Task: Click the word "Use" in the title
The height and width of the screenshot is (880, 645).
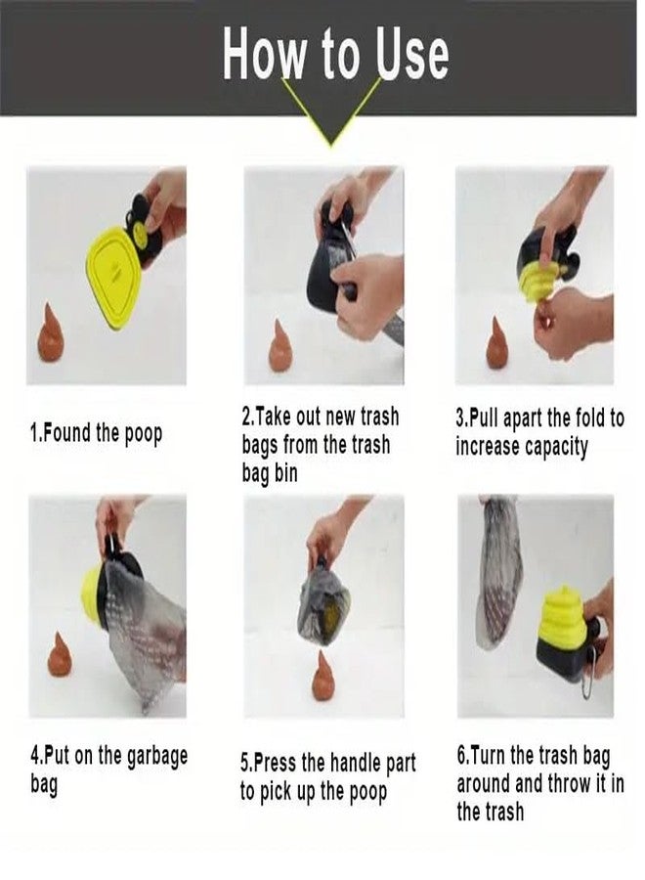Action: coord(412,54)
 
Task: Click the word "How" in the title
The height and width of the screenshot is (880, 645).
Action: coord(265,54)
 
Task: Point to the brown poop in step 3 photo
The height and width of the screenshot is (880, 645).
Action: coord(496,342)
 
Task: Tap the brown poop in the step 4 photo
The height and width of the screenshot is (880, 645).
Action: coord(59,654)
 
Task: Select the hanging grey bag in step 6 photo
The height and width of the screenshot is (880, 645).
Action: coord(498,571)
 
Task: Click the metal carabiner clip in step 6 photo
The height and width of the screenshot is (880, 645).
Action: coord(586,682)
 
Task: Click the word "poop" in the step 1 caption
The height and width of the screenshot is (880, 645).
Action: coord(143,434)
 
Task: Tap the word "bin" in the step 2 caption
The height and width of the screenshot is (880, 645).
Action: coord(285,473)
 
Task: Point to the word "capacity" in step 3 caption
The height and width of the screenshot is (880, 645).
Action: coord(556,447)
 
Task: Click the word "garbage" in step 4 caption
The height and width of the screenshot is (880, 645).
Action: coord(157,757)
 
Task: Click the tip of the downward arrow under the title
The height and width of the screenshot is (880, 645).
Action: coord(331,147)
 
